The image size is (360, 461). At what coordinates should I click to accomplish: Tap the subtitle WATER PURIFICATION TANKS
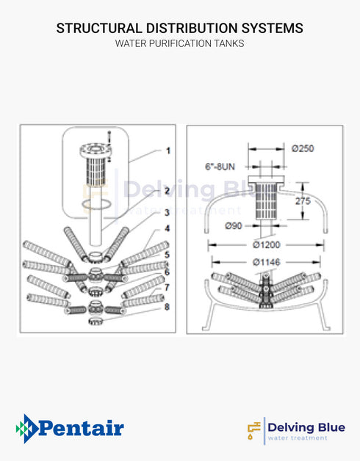[179, 44]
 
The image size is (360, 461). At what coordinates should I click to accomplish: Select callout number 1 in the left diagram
[168, 151]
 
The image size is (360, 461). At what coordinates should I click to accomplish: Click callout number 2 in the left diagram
[168, 191]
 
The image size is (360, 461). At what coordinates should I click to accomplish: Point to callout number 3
[168, 212]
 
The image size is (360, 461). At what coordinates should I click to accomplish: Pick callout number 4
[168, 228]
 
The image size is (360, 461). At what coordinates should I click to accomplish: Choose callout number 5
[168, 255]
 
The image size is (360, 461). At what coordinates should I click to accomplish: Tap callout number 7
[168, 287]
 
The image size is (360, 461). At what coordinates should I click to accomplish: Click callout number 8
[168, 306]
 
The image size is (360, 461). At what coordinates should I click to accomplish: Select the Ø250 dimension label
[302, 148]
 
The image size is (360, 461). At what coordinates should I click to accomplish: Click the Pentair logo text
[79, 428]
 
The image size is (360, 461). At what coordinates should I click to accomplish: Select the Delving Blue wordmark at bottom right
[301, 427]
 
